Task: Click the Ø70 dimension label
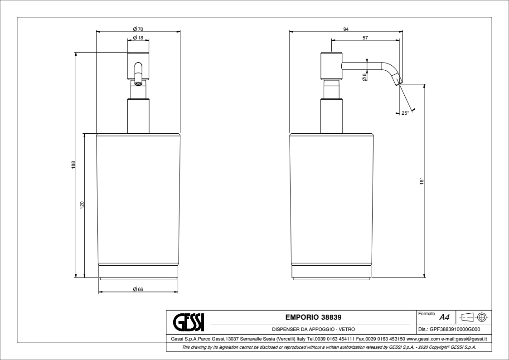[x=138, y=29]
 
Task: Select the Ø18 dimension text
[x=138, y=38]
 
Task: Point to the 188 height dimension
[x=73, y=165]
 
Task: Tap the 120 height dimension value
[x=82, y=205]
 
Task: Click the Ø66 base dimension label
[x=138, y=290]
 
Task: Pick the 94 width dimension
[x=346, y=29]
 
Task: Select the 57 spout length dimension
[x=365, y=38]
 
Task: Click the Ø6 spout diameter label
[x=364, y=77]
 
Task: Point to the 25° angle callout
[x=405, y=113]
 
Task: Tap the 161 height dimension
[x=422, y=181]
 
